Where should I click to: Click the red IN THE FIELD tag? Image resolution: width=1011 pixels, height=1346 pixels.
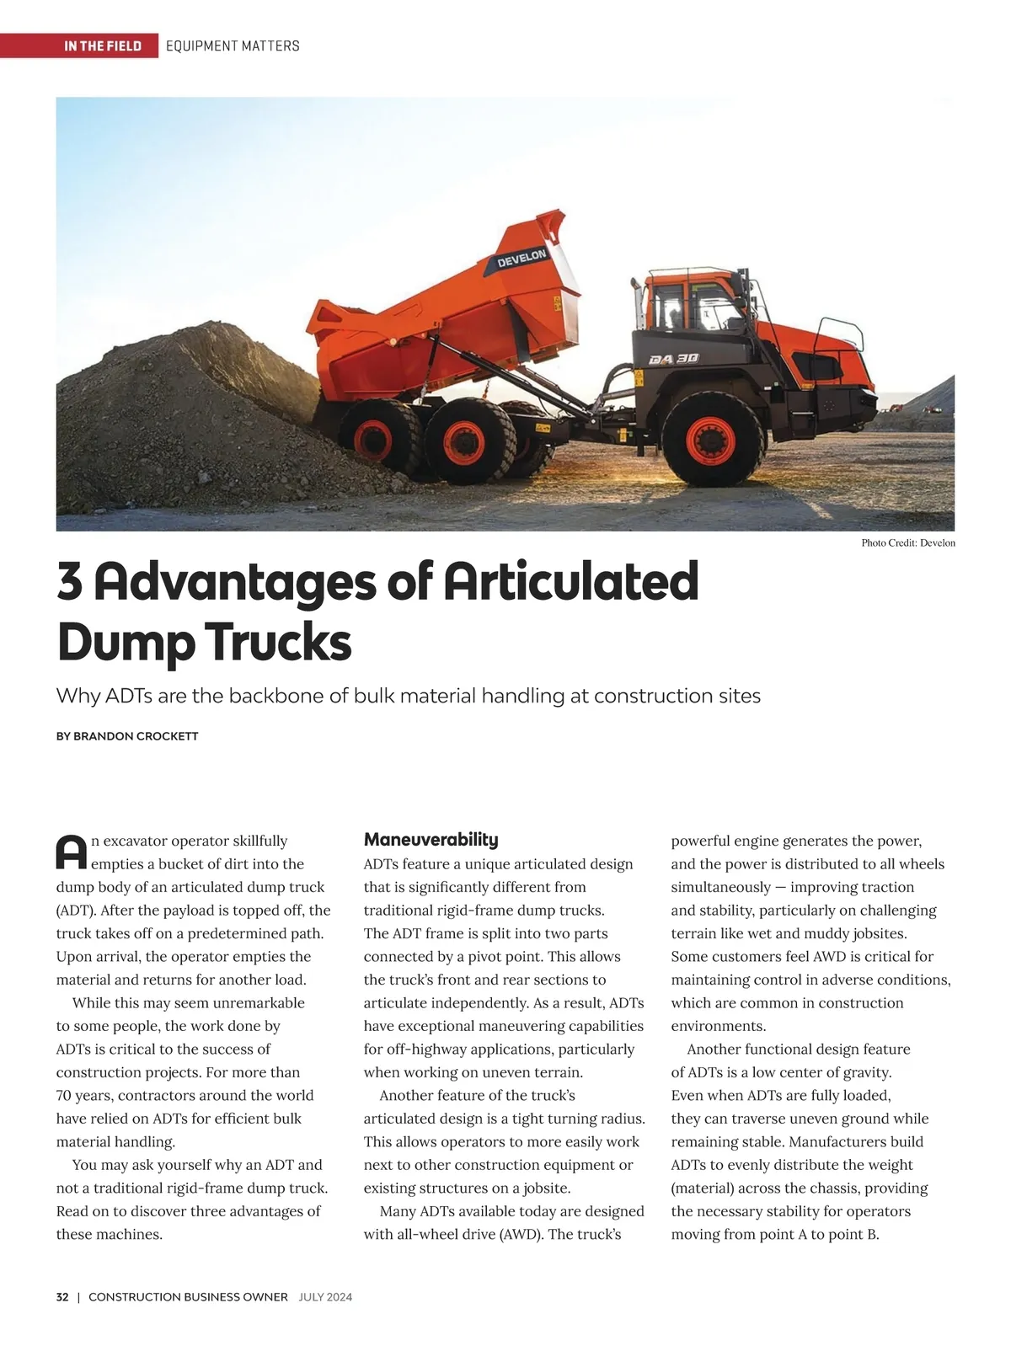point(103,45)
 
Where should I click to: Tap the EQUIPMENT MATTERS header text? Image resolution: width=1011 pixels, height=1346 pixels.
point(233,45)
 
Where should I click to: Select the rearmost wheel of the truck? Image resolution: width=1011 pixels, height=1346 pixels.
point(373,439)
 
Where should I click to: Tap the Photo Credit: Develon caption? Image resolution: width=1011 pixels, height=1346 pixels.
point(907,543)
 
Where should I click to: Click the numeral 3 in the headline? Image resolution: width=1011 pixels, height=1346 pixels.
point(70,581)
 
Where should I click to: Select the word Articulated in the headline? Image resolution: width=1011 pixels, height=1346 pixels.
point(570,581)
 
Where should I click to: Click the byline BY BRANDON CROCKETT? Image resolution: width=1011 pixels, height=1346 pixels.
point(127,736)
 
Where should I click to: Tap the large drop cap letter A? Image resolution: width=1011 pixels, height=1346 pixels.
point(72,852)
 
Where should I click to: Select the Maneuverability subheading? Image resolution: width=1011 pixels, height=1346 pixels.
point(431,840)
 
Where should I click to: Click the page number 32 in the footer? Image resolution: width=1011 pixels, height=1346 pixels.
point(62,1297)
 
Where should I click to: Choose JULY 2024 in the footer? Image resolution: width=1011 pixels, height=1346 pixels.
point(325,1297)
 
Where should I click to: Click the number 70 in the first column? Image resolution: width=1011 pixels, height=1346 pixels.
point(64,1096)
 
